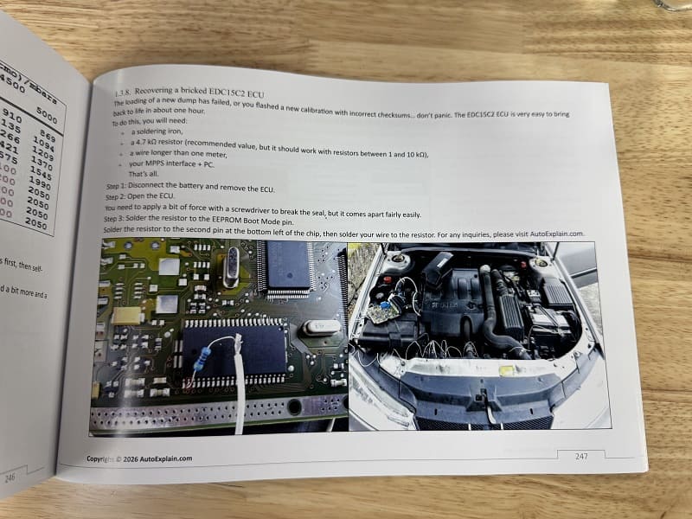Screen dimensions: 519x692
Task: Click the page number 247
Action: (580, 455)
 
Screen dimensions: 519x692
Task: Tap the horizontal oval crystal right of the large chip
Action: (314, 328)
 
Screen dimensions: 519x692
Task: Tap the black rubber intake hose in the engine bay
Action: (493, 311)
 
